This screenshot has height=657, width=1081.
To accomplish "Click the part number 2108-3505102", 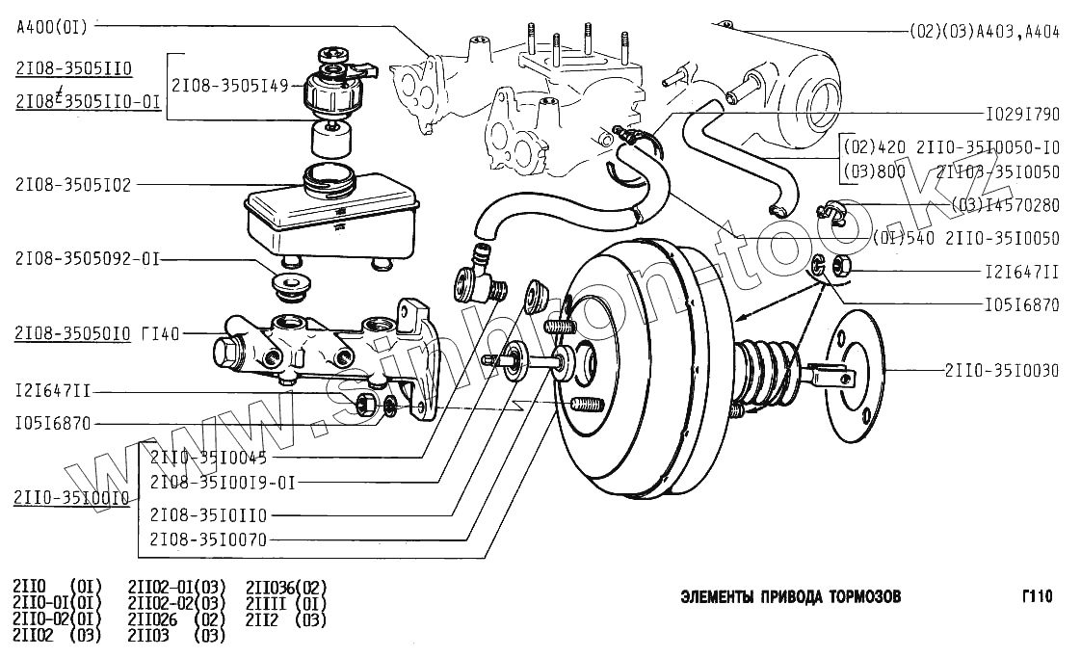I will [72, 185].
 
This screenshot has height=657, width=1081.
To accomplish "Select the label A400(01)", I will [52, 27].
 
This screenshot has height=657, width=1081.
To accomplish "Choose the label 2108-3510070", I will [208, 539].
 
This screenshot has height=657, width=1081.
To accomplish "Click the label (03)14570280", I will [1004, 205].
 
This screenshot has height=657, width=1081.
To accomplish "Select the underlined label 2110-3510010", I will [71, 498].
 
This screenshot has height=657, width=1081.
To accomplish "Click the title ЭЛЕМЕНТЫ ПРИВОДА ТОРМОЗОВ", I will [791, 596].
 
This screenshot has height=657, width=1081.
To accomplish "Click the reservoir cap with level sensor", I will [333, 87].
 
